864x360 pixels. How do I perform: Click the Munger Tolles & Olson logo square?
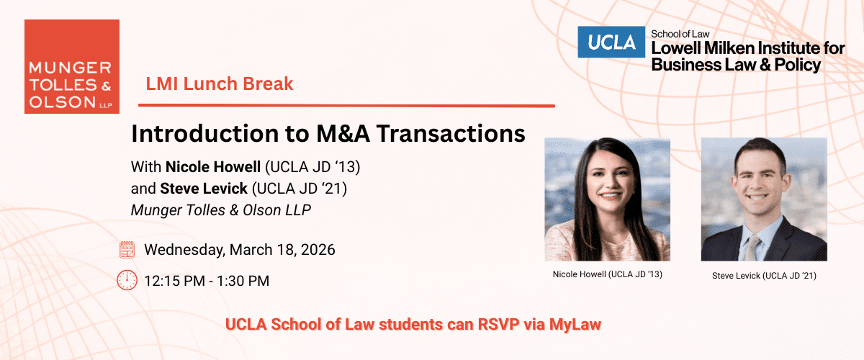point(72,66)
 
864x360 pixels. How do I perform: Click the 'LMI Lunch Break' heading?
point(220,84)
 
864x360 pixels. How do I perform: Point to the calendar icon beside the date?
point(127,250)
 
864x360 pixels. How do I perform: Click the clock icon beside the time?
point(127,280)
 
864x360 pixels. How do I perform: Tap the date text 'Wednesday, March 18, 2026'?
point(240,251)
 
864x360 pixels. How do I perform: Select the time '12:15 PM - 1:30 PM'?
point(207,281)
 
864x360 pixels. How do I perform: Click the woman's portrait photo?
point(607,199)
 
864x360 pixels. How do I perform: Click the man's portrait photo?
point(763,199)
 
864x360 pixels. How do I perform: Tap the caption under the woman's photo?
point(607,274)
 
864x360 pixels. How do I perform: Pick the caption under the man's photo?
point(764,275)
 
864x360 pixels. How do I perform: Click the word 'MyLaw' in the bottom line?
point(575,324)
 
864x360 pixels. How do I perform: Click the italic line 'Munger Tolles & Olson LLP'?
point(222,210)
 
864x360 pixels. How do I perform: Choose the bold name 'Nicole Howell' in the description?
point(213,168)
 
